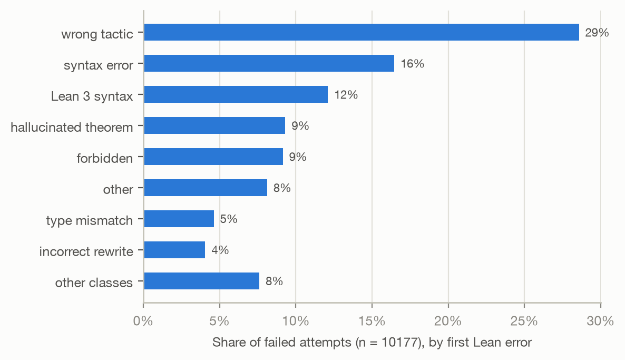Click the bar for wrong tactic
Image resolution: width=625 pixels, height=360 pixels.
362,32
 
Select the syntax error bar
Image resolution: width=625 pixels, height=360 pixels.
269,63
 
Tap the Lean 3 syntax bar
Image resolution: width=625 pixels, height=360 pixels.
236,94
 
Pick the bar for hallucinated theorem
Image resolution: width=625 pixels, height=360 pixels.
214,125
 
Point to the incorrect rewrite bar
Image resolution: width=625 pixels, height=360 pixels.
174,250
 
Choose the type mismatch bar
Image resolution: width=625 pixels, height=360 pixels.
179,219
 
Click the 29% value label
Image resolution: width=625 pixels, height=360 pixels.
597,33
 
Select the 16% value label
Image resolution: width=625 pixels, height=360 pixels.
412,64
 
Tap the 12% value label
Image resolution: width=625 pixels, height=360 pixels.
346,95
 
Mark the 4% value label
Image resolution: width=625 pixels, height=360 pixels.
220,250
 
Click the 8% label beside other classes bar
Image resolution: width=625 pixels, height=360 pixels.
274,281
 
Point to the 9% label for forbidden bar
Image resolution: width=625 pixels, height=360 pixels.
298,157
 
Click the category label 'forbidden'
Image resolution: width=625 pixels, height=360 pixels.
105,158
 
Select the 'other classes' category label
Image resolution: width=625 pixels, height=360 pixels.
94,283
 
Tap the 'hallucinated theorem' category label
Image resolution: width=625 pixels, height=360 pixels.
72,127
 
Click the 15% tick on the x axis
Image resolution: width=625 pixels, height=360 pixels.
372,321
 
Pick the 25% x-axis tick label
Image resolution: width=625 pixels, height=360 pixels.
524,321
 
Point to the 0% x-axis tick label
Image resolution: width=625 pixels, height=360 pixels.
143,321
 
